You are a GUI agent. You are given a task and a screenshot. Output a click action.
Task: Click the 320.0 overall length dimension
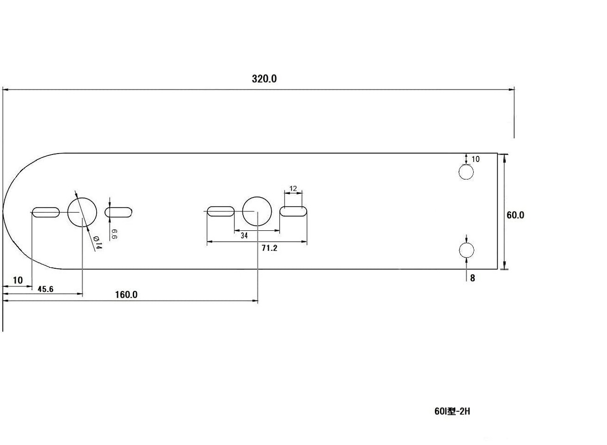point(264,79)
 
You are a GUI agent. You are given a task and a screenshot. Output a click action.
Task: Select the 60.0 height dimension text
point(515,215)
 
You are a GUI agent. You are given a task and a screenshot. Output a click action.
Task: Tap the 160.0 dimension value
point(126,295)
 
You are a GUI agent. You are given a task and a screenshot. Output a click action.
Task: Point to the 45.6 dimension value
point(46,289)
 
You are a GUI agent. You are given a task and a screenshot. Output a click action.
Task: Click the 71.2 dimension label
point(269,248)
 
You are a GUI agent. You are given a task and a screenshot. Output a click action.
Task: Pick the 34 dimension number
point(244,235)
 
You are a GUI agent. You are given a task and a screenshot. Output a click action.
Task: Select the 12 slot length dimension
point(293,189)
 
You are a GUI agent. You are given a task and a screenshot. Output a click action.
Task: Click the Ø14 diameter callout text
point(97,243)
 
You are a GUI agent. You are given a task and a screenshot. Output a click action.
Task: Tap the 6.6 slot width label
point(114,234)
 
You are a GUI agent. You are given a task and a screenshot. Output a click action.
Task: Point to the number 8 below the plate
point(472,279)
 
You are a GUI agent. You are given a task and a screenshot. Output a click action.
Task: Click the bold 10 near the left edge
point(18,281)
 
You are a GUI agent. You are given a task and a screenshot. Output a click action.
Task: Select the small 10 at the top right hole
point(476,159)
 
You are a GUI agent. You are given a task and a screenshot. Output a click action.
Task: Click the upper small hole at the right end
point(466,172)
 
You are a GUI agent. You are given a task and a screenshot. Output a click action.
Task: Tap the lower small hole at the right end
point(466,250)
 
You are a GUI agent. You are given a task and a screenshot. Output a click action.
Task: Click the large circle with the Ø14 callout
point(82,212)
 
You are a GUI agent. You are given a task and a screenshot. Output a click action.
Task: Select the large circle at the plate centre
point(257,211)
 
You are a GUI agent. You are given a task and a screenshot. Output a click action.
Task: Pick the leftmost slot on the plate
point(46,212)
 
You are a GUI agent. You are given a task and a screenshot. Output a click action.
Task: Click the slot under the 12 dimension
point(293,211)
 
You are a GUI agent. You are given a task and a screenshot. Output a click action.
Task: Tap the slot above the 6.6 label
point(118,212)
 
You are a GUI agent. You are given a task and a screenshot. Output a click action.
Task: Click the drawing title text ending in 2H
point(452,411)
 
